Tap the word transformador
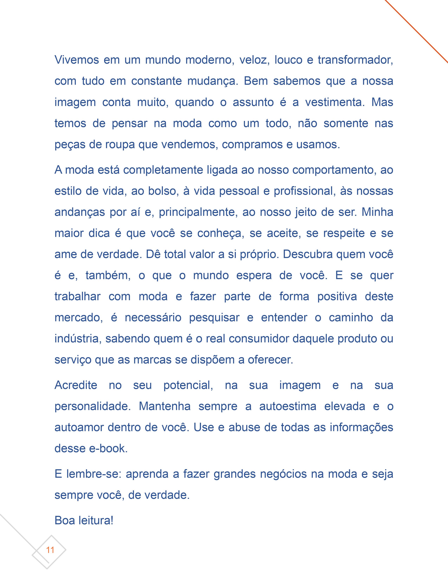pos(355,60)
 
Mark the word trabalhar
pos(77,297)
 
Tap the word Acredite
pos(76,385)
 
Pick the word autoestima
pos(288,406)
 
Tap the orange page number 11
pos(50,550)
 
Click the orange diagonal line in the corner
pos(417,32)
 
